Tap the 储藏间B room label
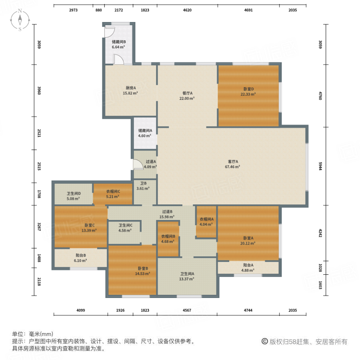pyautogui.click(x=119, y=42)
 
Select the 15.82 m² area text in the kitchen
pyautogui.click(x=130, y=93)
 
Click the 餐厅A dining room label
pyautogui.click(x=187, y=93)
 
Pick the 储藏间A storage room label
pyautogui.click(x=145, y=130)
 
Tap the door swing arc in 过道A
pyautogui.click(x=137, y=164)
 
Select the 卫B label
pyautogui.click(x=143, y=183)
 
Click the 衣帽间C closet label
pyautogui.click(x=113, y=191)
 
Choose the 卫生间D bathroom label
pyautogui.click(x=74, y=193)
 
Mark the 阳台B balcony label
pyautogui.click(x=80, y=255)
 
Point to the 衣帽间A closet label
pyautogui.click(x=206, y=219)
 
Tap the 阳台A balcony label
pyautogui.click(x=248, y=264)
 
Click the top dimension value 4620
pyautogui.click(x=187, y=10)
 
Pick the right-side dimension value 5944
pyautogui.click(x=320, y=166)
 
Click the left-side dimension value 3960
pyautogui.click(x=39, y=90)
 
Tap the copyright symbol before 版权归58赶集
pyautogui.click(x=264, y=342)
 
